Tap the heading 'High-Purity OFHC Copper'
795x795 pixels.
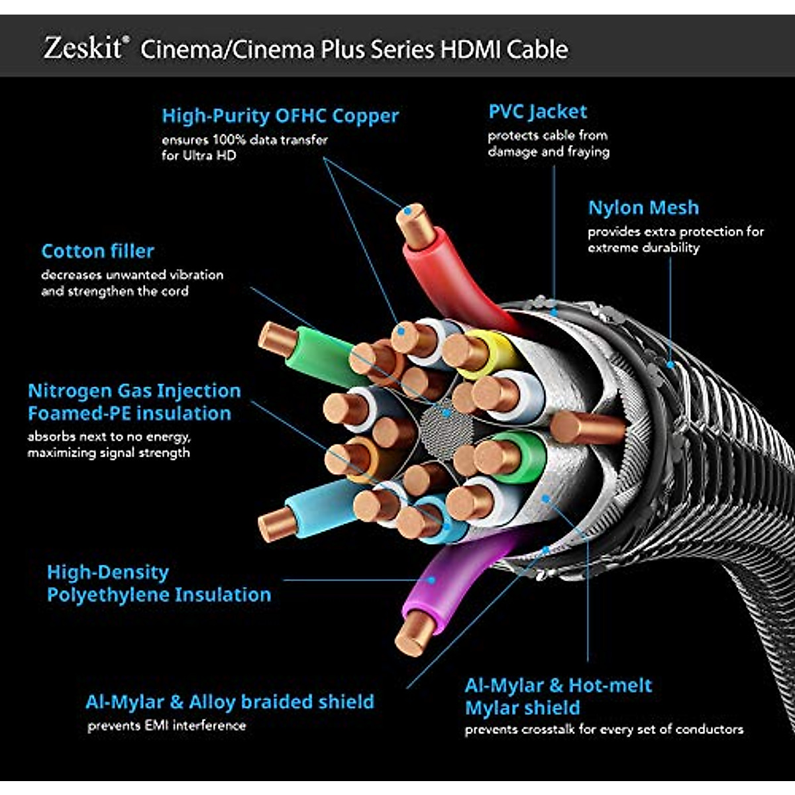point(280,116)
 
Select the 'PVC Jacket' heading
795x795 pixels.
point(537,112)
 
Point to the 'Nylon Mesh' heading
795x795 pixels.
point(643,207)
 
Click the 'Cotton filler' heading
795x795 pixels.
point(98,251)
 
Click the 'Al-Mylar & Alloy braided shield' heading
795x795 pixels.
point(230,702)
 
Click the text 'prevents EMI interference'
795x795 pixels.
point(167,725)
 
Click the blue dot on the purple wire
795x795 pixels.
point(431,580)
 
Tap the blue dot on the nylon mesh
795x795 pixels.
point(670,364)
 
